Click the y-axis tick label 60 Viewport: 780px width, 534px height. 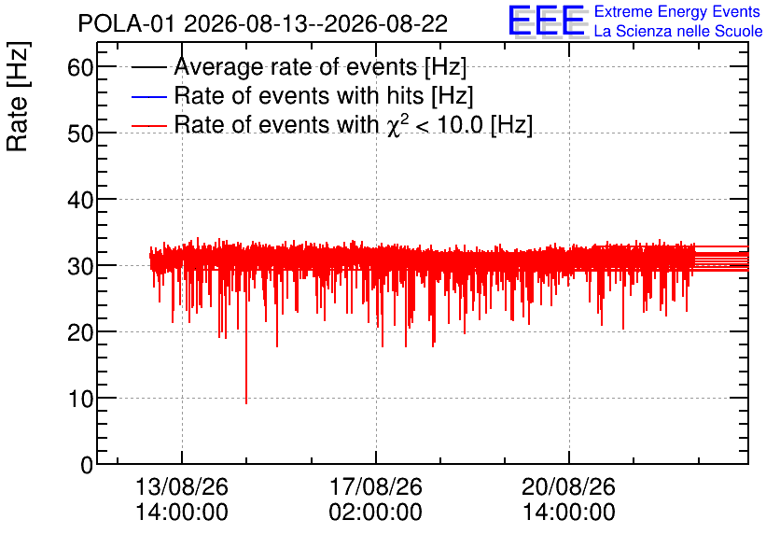click(80, 66)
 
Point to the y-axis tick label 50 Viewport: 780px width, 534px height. click(80, 133)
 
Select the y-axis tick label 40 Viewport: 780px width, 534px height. click(80, 200)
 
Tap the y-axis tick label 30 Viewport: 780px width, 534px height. click(80, 266)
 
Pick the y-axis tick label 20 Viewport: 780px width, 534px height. click(80, 332)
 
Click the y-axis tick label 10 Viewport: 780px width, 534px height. click(80, 398)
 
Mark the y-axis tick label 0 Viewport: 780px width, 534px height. click(87, 465)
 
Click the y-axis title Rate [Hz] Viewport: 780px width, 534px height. click(19, 96)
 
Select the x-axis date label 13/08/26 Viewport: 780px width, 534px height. click(182, 486)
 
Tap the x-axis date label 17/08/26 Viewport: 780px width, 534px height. click(376, 486)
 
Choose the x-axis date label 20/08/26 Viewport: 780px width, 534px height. click(568, 486)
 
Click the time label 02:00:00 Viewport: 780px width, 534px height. click(376, 513)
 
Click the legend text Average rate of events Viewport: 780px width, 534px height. click(296, 66)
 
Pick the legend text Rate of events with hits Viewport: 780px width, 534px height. click(299, 95)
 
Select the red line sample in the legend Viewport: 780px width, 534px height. click(149, 125)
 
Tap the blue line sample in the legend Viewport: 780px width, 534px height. click(149, 96)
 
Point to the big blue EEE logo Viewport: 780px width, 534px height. click(547, 21)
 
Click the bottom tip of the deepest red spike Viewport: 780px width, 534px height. click(246, 403)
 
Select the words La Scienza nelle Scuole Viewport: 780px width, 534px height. click(678, 31)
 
